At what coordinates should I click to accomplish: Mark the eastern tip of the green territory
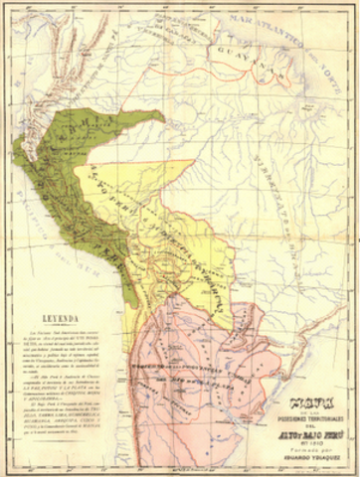point(163,120)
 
